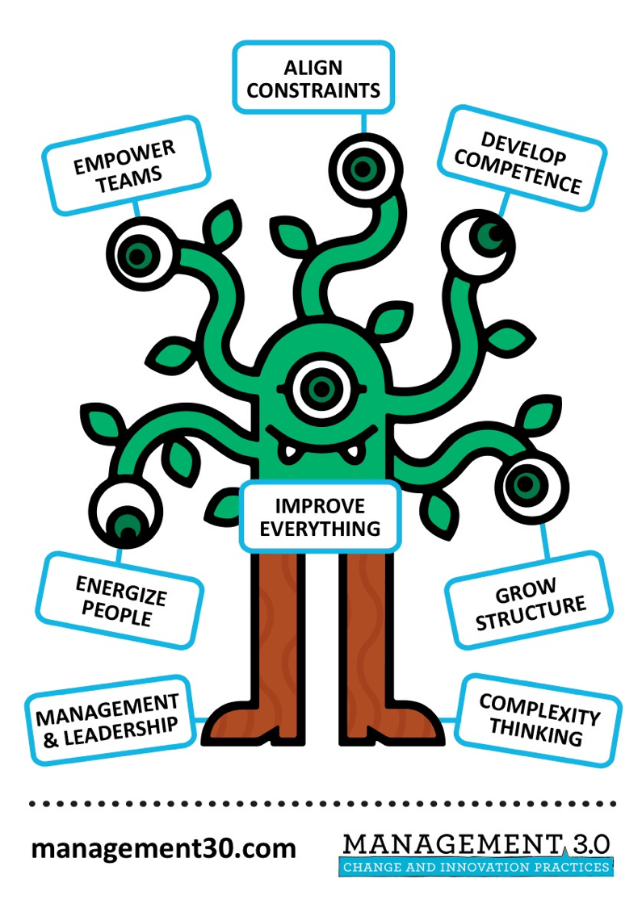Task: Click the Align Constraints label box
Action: pyautogui.click(x=313, y=78)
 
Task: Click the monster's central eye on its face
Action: pyautogui.click(x=322, y=387)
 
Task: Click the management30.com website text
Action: pyautogui.click(x=164, y=848)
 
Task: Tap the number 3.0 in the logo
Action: pyautogui.click(x=589, y=844)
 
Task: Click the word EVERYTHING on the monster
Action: pyautogui.click(x=321, y=529)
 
